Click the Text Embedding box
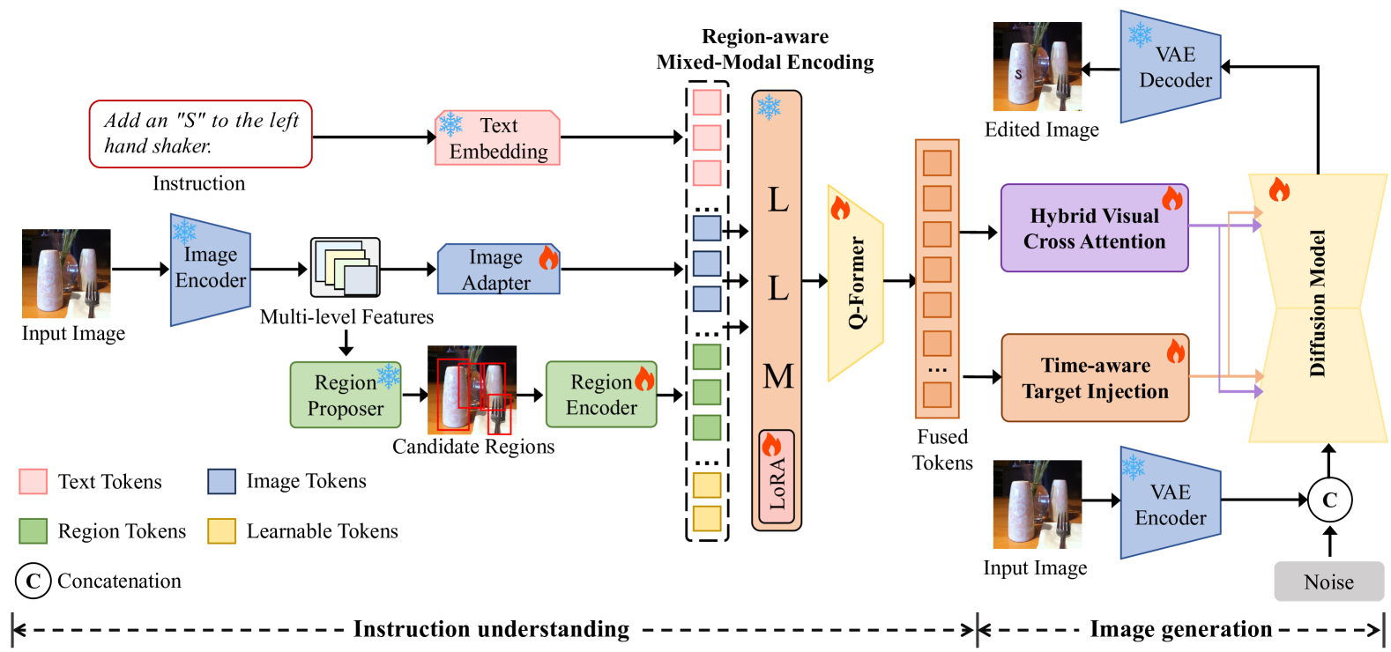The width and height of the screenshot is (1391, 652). coord(498,138)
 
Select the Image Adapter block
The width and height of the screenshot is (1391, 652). coord(498,270)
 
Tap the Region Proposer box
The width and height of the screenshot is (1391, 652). coord(346,396)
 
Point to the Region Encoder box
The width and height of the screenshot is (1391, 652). coord(601,395)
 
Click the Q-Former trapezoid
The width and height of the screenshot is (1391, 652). coord(855,283)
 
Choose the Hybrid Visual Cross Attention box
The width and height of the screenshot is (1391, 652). coord(1094,228)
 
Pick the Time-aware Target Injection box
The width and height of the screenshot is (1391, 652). coord(1095,378)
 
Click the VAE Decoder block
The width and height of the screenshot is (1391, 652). coord(1170,67)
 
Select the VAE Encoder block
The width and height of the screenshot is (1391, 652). coord(1170,504)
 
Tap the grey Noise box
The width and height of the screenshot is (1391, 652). coord(1328,582)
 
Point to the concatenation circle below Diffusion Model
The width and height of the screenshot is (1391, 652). coord(1329,500)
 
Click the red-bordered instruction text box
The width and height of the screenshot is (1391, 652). coord(201,134)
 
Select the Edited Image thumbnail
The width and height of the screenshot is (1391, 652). coord(1037,66)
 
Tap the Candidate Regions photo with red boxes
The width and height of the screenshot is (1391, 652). coord(472,389)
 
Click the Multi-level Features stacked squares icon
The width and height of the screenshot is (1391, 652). coord(346,267)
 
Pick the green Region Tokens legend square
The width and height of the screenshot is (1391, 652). coord(33,531)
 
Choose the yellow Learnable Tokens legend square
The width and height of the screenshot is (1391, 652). coord(222,531)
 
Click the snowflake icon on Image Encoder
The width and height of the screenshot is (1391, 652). coord(184,232)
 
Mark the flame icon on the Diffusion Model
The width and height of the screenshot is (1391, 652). coord(1279,189)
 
